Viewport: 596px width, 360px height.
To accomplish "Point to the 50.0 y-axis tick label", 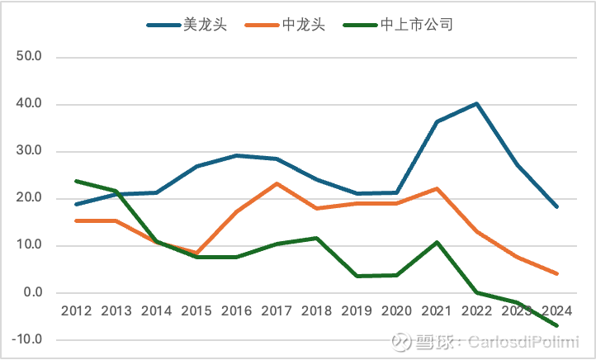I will pos(30,58).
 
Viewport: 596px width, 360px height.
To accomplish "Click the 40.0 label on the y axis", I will pos(30,105).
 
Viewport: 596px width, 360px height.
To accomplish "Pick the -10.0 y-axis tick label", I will pos(28,339).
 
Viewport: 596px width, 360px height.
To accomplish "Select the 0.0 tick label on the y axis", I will pos(33,292).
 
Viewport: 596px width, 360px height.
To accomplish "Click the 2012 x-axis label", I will pos(77,311).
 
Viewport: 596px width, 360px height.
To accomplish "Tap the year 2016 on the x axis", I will pos(237,311).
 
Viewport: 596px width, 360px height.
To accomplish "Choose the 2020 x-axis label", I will pos(396,311).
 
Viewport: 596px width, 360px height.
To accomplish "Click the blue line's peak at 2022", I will pos(476,104).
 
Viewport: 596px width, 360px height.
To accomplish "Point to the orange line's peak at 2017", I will pos(277,183).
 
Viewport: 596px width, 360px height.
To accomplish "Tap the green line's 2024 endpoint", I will pos(556,325).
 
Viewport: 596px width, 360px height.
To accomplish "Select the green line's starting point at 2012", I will pos(77,181).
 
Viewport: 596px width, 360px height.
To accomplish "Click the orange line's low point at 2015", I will pos(196,253).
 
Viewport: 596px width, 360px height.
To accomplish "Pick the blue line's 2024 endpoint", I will pos(556,206).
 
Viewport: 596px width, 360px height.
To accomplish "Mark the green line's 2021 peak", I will pos(437,242).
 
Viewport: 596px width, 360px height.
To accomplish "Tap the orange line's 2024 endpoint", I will pos(556,273).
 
